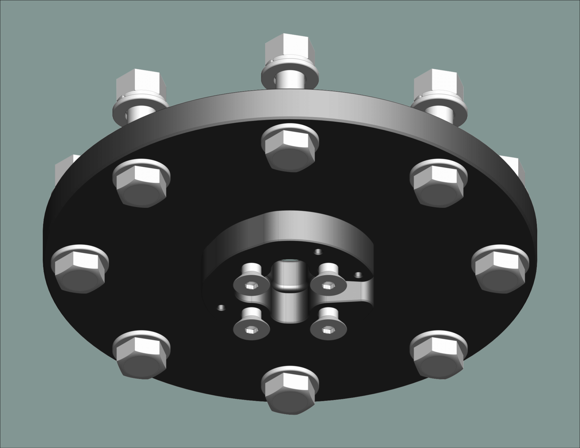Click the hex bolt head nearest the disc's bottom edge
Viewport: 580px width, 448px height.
click(x=289, y=391)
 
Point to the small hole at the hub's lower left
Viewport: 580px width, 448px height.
click(x=220, y=308)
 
